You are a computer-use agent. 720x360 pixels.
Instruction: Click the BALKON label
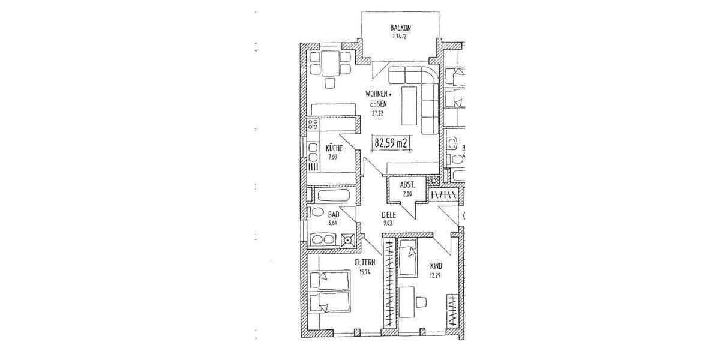pyautogui.click(x=400, y=28)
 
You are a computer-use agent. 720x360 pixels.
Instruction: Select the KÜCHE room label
pyautogui.click(x=334, y=148)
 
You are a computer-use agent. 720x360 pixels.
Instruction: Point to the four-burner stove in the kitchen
pyautogui.click(x=313, y=126)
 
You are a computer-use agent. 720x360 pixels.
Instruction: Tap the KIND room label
pyautogui.click(x=436, y=266)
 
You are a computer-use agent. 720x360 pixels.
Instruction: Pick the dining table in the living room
pyautogui.click(x=329, y=62)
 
